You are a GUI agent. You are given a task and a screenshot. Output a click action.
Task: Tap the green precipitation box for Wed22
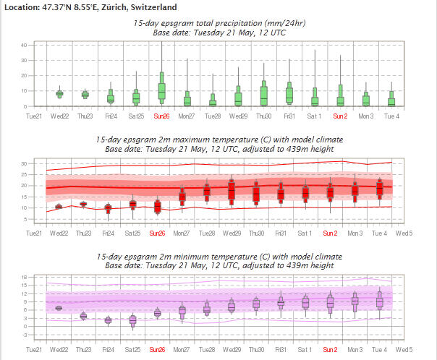[59, 93]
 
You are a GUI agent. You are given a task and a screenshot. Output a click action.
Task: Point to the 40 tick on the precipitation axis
[23, 45]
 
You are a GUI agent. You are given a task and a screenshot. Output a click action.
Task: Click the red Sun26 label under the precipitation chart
[158, 116]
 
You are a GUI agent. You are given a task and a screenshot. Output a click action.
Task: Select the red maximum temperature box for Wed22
[59, 207]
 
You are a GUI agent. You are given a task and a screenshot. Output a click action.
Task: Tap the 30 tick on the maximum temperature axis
[23, 163]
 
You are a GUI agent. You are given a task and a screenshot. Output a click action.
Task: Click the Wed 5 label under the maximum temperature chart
[404, 233]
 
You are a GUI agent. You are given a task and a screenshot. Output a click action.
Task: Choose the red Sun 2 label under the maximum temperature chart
[331, 233]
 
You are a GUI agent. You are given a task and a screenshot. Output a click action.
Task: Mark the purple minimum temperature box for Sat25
[132, 320]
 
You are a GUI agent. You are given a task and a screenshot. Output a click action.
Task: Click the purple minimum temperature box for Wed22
[59, 308]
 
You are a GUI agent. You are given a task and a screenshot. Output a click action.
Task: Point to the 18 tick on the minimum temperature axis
[23, 277]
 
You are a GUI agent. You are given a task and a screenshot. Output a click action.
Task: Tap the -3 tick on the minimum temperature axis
[23, 335]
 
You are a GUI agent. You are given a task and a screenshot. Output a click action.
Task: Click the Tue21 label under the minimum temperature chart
[34, 348]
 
